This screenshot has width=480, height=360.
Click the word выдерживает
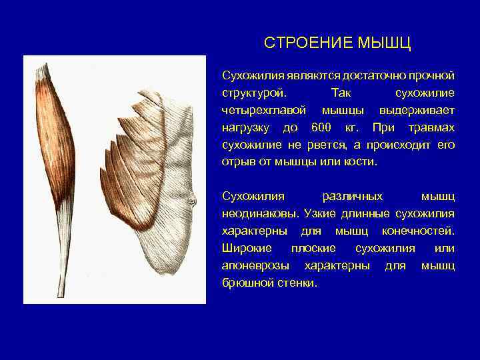pos(417,109)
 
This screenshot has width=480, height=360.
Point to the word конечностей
pos(419,231)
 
